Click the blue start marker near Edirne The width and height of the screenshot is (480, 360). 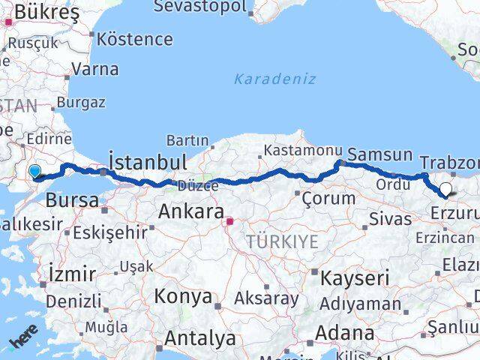(x=34, y=172)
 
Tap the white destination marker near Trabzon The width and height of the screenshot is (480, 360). (x=446, y=189)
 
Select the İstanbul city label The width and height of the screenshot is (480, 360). (x=148, y=162)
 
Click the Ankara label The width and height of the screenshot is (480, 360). (x=191, y=212)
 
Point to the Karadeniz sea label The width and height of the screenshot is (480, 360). (x=274, y=79)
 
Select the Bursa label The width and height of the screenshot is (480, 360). (x=72, y=200)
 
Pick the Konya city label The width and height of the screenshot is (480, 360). (x=183, y=296)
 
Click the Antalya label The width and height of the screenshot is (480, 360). (x=199, y=338)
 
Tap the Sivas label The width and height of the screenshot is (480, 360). (x=391, y=219)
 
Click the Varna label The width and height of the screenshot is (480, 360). (x=95, y=69)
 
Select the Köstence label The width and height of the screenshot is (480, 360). (x=135, y=38)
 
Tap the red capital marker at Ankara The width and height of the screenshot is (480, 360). (x=231, y=221)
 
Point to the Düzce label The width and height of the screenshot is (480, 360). (x=196, y=184)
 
